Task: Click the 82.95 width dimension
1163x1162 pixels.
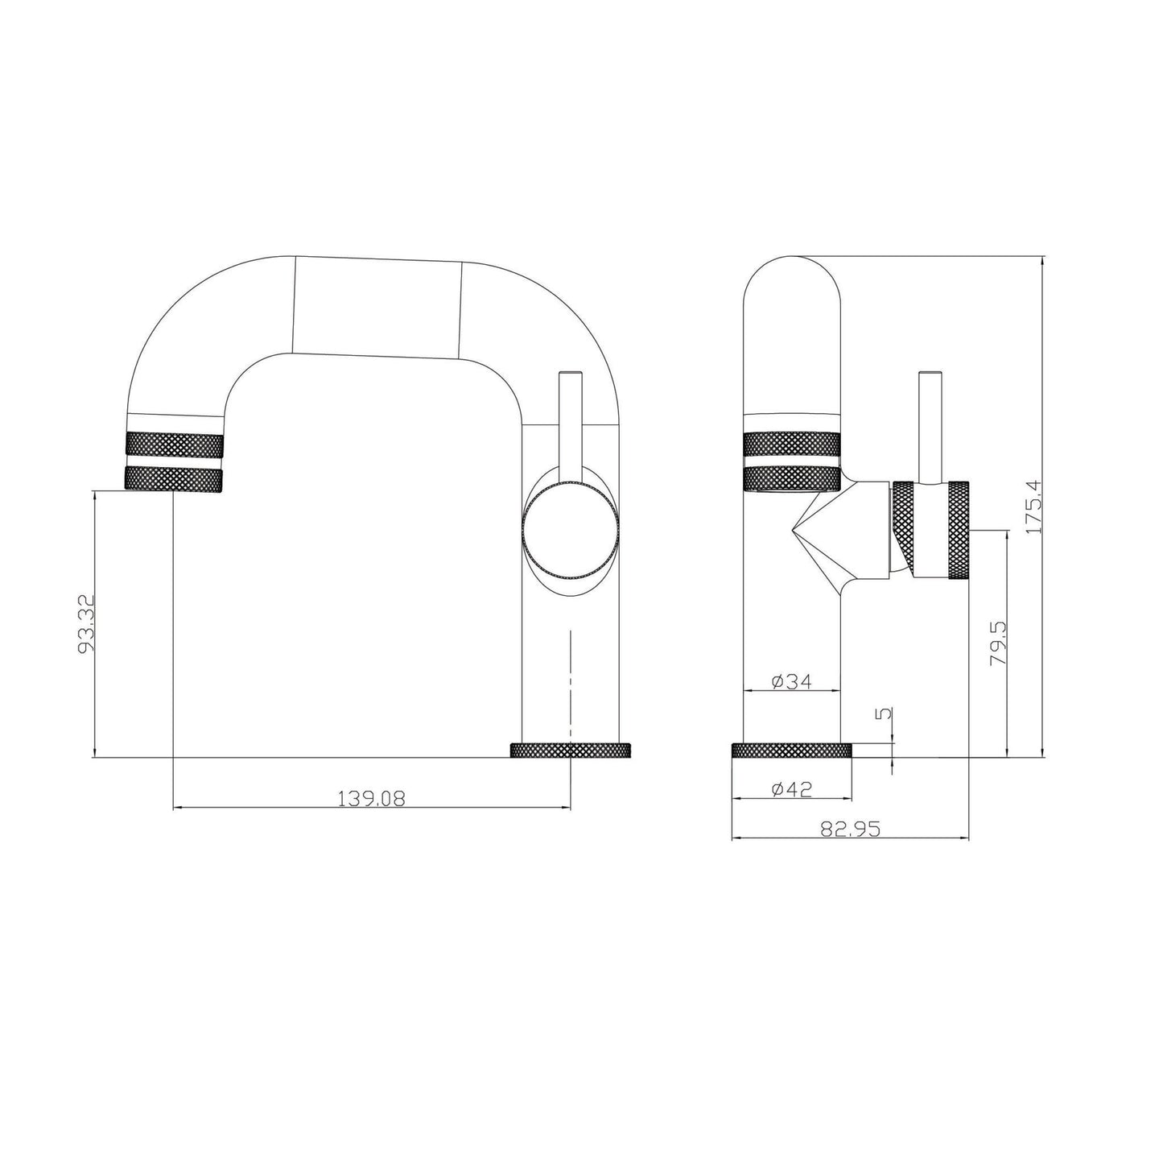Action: tap(849, 829)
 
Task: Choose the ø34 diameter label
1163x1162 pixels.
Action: tap(791, 681)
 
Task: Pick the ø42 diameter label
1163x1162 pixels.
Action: tap(791, 789)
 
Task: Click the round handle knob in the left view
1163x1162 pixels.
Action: tap(571, 532)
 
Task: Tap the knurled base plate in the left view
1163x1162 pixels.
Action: tap(571, 751)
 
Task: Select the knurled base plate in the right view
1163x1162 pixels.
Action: tap(791, 751)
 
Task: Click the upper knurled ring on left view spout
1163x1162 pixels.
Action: tap(174, 445)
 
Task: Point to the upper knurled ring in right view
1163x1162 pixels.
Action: tap(792, 445)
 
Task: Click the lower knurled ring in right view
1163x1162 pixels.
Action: tap(792, 478)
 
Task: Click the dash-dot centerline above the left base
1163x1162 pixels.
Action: tap(571, 676)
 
